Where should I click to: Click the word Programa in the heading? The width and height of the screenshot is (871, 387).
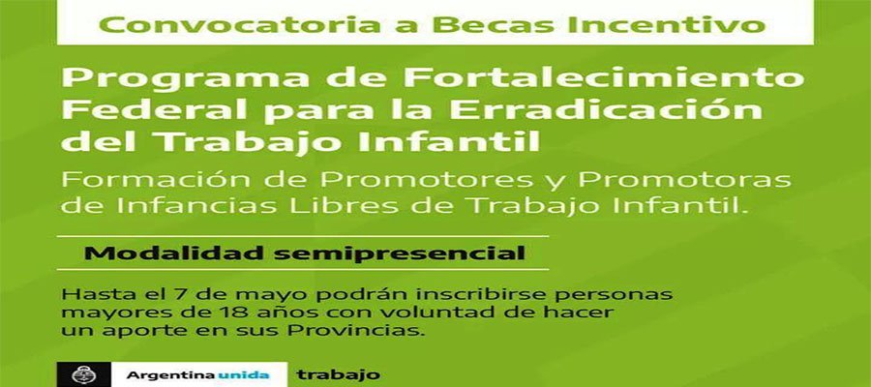[185, 78]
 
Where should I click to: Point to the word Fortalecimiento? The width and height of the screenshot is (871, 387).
[604, 76]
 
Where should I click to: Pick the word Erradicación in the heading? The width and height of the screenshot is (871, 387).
[606, 108]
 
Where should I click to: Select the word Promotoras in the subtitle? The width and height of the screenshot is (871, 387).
[685, 180]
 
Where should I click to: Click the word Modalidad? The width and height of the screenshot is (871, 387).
[174, 253]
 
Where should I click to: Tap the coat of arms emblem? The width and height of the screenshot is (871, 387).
[84, 374]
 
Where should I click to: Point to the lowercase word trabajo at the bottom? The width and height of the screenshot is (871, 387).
[339, 375]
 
